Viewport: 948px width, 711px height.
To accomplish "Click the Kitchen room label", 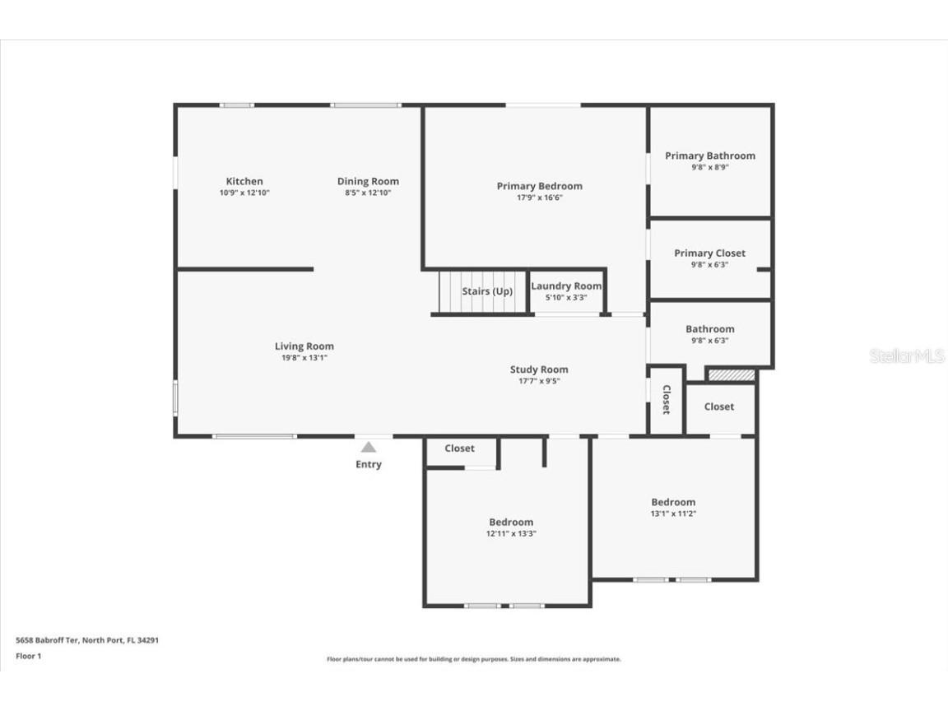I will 244,181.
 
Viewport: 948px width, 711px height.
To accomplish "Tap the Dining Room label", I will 368,181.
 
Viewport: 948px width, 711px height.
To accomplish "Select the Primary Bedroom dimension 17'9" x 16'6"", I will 539,197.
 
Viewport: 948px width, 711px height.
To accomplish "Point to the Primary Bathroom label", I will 709,156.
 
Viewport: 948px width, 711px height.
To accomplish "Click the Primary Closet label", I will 709,253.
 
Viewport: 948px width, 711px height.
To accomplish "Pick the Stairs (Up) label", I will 487,291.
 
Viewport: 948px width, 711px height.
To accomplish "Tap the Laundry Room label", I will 566,286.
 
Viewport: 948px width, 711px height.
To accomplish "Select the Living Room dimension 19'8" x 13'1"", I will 304,358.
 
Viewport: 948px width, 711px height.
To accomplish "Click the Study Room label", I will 539,369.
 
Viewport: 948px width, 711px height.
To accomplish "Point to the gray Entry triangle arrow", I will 369,447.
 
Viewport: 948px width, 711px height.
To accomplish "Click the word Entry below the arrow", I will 369,464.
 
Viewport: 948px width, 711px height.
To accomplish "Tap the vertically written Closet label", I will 667,399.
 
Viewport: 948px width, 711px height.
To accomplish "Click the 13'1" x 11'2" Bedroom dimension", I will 673,513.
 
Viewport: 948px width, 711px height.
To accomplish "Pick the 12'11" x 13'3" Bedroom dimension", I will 511,533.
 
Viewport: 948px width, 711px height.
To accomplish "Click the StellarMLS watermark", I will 896,356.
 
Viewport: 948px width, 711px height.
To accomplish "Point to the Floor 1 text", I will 28,656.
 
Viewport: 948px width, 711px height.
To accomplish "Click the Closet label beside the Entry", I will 459,448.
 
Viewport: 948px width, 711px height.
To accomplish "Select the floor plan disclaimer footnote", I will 474,659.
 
